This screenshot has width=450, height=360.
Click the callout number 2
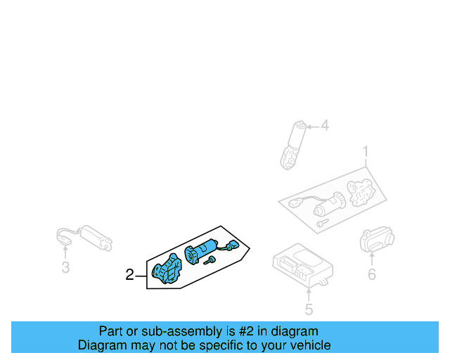(x=129, y=275)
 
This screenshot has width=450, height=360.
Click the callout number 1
(x=366, y=150)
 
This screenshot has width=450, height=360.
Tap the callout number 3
(x=65, y=266)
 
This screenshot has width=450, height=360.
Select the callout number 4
(x=324, y=127)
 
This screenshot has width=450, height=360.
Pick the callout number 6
(x=372, y=274)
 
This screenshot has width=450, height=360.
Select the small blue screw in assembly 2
(x=210, y=262)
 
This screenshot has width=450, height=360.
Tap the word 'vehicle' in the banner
(x=309, y=345)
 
